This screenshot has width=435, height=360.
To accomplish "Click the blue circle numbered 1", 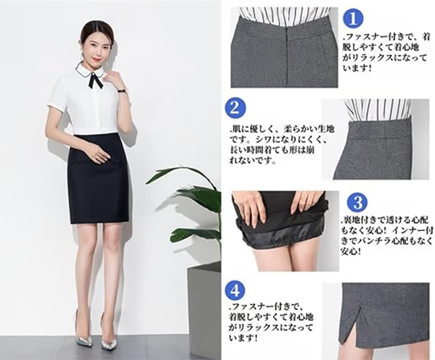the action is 353,19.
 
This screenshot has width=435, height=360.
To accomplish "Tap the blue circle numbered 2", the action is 235,108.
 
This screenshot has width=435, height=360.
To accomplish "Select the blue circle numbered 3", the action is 358,203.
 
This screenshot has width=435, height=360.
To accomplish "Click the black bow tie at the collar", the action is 96,80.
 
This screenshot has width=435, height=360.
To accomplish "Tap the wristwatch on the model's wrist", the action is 122,91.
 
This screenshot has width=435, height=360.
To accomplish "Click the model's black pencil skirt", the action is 99,177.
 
